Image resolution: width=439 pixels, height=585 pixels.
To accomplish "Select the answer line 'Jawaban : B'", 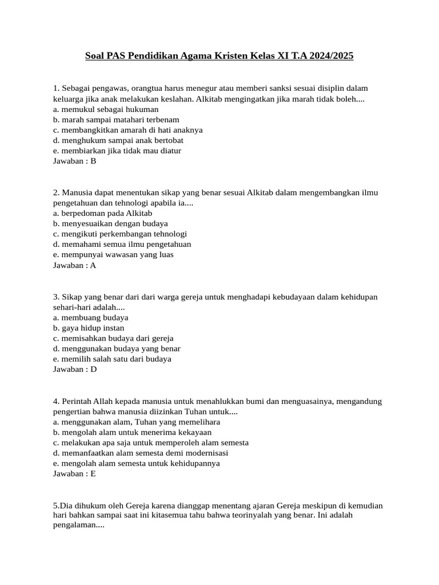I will point(74,161).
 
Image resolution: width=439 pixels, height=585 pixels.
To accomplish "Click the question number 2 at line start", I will point(56,193).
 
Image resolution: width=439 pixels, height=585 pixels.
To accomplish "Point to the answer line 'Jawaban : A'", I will point(74,265).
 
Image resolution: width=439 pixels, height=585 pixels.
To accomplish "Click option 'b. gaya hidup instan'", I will point(88,328).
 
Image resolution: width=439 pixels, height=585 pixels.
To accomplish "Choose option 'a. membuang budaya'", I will point(90,317).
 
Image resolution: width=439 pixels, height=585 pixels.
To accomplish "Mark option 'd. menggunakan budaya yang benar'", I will point(117,348).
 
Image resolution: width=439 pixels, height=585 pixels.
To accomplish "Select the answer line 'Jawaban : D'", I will point(75,369).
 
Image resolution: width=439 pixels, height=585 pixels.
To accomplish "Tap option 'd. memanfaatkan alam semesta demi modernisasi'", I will point(140,452).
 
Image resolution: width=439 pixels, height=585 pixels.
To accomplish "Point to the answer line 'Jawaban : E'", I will point(74,473).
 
